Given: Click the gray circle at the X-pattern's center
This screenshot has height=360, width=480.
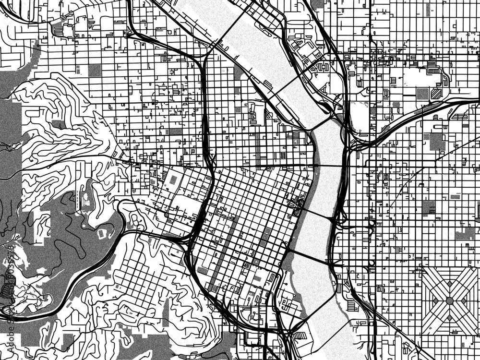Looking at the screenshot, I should point(450,300).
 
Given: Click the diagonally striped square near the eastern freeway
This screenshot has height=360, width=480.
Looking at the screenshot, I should point(436,93).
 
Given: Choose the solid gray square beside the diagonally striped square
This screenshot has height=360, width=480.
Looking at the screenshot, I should point(422,94).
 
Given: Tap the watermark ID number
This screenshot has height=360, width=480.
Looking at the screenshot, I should point(11,269).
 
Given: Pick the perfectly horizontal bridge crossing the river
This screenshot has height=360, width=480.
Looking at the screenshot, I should point(326,165).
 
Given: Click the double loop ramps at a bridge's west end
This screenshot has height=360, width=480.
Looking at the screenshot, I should point(297,209).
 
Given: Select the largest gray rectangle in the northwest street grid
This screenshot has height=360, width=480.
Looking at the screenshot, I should point(95,71).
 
